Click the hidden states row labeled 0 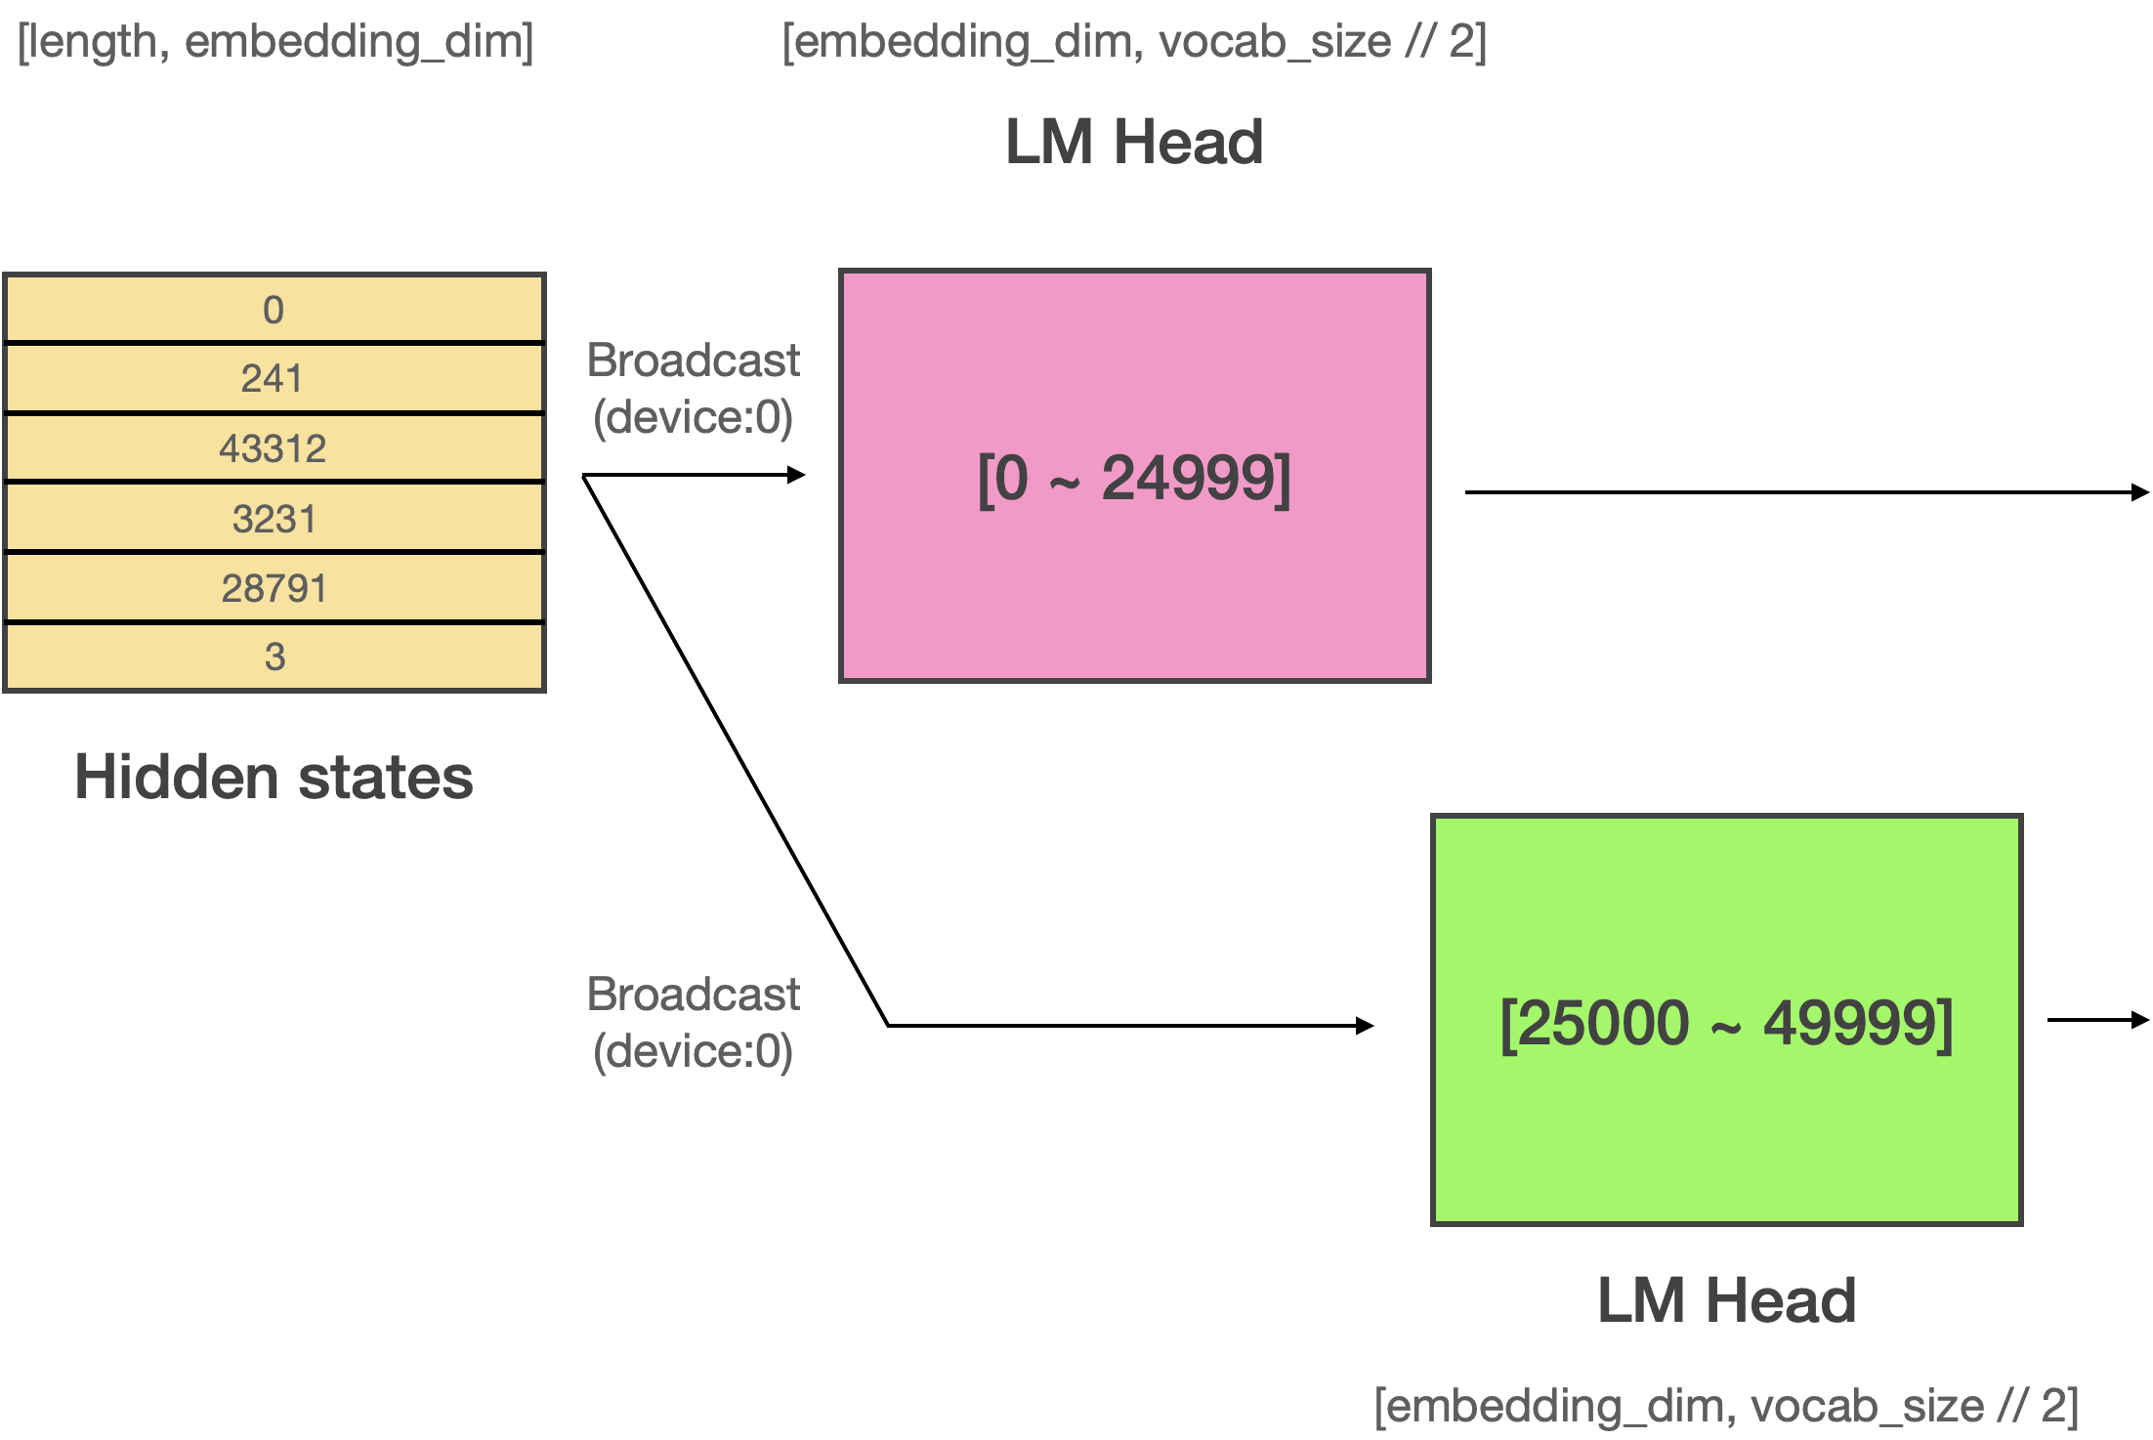click(274, 309)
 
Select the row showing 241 click(274, 378)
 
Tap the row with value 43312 click(274, 448)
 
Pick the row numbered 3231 click(274, 518)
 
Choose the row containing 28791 click(274, 587)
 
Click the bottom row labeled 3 click(274, 656)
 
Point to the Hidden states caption click(274, 777)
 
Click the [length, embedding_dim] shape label click(275, 42)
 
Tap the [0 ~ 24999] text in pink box click(1134, 479)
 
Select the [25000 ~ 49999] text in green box click(1726, 1024)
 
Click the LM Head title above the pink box click(1134, 142)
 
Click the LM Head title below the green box click(1726, 1300)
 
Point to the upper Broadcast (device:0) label click(694, 389)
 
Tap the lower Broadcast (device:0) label click(694, 1023)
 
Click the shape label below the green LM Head click(1726, 1407)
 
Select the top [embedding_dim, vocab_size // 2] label click(1134, 42)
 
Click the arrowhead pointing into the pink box click(797, 475)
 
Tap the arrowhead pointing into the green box click(1366, 1025)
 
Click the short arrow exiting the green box click(2098, 1020)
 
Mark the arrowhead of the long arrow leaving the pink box click(2141, 492)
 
